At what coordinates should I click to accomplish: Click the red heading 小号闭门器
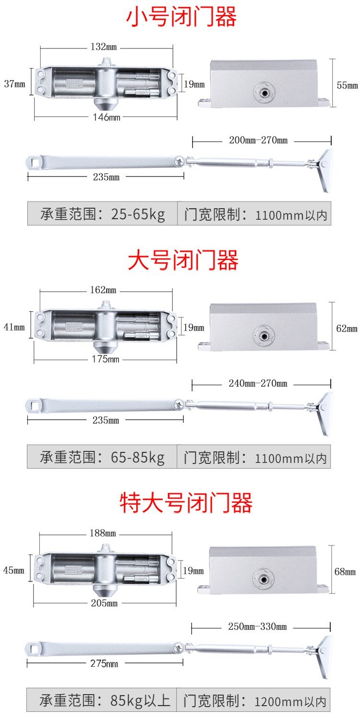click(x=181, y=17)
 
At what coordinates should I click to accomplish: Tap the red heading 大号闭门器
click(x=183, y=260)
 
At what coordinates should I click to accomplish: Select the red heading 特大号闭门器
click(x=186, y=503)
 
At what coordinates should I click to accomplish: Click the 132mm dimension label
click(x=103, y=47)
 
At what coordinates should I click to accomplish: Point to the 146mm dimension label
click(x=107, y=117)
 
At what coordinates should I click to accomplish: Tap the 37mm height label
click(x=14, y=84)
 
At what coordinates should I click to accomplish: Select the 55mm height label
click(x=347, y=85)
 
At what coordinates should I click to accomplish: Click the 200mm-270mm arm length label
click(x=258, y=141)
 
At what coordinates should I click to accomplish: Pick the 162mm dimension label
click(x=103, y=290)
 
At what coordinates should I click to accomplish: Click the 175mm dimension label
click(x=106, y=359)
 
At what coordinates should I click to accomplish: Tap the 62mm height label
click(x=347, y=329)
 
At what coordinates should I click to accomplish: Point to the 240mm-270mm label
click(x=258, y=383)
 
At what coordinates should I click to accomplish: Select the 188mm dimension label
click(x=103, y=533)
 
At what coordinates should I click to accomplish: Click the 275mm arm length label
click(x=104, y=664)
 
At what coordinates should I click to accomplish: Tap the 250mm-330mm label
click(x=257, y=626)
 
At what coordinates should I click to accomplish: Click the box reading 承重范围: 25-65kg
click(x=102, y=213)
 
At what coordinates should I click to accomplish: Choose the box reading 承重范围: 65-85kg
click(x=102, y=457)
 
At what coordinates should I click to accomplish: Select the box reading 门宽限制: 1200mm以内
click(x=253, y=700)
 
